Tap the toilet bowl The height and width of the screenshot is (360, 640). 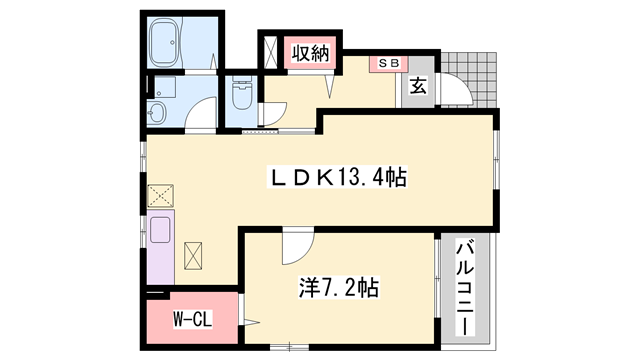point(242,97)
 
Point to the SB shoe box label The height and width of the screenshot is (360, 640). point(388,62)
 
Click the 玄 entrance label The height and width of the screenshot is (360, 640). point(417,86)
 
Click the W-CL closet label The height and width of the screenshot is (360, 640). point(189,320)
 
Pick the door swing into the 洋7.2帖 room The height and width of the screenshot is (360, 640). point(296,242)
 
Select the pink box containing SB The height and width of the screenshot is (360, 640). point(388,63)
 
